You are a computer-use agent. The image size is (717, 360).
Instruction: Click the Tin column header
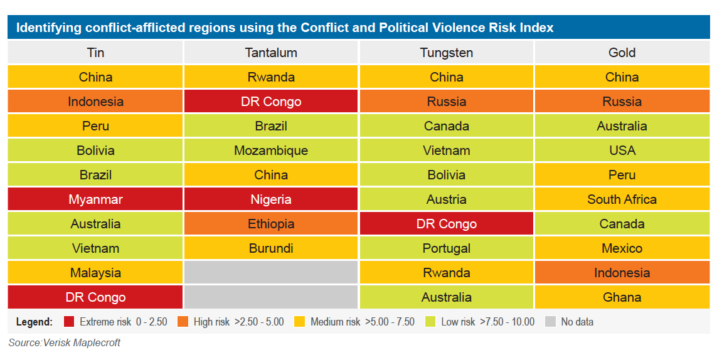[95, 53]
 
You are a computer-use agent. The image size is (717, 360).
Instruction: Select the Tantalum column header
[271, 53]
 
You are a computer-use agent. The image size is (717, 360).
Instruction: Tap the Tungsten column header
[446, 53]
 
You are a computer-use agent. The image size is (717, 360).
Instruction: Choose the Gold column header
[622, 53]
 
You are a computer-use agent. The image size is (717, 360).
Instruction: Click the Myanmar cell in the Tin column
[95, 199]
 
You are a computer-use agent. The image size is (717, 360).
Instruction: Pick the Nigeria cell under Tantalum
[271, 199]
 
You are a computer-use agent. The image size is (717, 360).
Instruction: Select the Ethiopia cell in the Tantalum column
[271, 224]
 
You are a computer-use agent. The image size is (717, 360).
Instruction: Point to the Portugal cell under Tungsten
[446, 248]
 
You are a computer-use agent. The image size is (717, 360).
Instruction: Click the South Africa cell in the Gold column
[622, 199]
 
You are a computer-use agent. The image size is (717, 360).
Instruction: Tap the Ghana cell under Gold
[622, 297]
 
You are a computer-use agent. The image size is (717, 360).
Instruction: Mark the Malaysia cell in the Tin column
[95, 273]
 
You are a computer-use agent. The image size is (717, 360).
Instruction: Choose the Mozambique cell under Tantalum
[271, 151]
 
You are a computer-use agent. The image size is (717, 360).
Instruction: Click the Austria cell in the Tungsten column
[446, 199]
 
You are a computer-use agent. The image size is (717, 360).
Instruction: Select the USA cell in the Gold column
[622, 151]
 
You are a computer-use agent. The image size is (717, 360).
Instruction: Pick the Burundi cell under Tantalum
[271, 248]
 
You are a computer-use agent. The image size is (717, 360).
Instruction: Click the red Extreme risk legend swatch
[69, 322]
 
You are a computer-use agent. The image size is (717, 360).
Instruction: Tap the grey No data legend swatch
[550, 322]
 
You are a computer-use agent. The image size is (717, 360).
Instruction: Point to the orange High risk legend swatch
[183, 322]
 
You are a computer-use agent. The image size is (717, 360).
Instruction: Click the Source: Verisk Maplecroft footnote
[64, 343]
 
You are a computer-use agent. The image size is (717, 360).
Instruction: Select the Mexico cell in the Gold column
[622, 248]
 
